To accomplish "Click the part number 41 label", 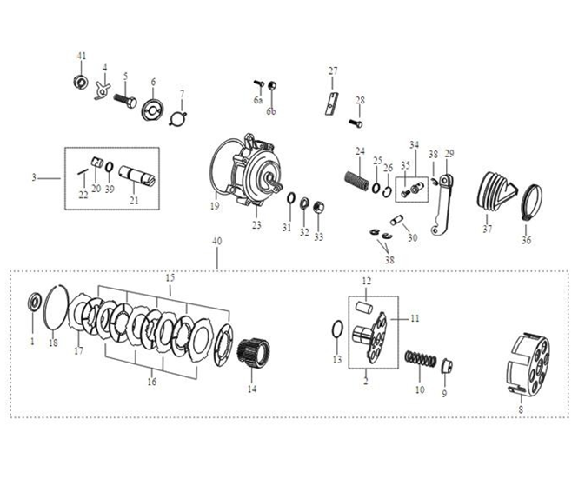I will click(x=82, y=56).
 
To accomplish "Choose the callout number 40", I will click(x=216, y=241).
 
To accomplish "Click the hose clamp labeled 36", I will click(x=530, y=206).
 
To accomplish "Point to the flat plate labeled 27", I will click(x=330, y=103).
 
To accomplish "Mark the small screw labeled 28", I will click(x=356, y=123).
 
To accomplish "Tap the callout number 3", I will click(x=33, y=178).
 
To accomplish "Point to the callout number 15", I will click(x=170, y=277).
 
